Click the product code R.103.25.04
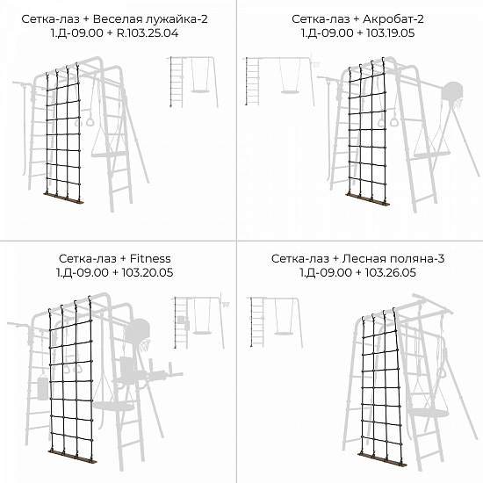pyautogui.click(x=148, y=33)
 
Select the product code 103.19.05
pyautogui.click(x=390, y=33)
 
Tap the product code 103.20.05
pyautogui.click(x=148, y=272)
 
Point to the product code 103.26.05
pyautogui.click(x=390, y=272)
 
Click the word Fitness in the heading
pyautogui.click(x=150, y=258)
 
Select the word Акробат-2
pyautogui.click(x=393, y=19)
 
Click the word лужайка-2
pyautogui.click(x=177, y=19)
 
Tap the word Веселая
pyautogui.click(x=118, y=19)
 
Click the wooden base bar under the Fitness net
pyautogui.click(x=72, y=457)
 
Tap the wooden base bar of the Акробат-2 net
pyautogui.click(x=367, y=199)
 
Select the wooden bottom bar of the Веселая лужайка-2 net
pyautogui.click(x=64, y=198)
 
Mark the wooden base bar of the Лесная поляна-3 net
pyautogui.click(x=382, y=460)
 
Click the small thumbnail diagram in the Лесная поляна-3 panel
pyautogui.click(x=275, y=322)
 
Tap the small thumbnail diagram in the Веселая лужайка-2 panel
pyautogui.click(x=192, y=82)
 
